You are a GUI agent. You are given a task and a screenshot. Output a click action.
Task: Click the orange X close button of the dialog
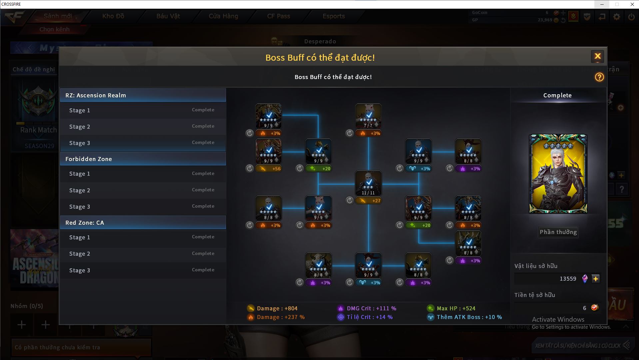[597, 56]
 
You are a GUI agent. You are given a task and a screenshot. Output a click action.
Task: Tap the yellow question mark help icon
[599, 77]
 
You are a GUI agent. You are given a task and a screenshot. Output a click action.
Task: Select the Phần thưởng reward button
[558, 232]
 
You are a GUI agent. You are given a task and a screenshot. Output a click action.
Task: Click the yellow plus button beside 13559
[596, 279]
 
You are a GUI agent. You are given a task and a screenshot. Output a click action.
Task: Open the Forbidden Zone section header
[143, 159]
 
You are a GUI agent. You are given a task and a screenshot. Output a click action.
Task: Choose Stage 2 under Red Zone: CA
[143, 254]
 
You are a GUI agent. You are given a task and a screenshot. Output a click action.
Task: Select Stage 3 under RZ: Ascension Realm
[143, 143]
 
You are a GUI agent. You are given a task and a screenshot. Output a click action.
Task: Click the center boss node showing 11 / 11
[368, 183]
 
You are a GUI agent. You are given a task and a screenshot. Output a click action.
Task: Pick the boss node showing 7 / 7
[368, 116]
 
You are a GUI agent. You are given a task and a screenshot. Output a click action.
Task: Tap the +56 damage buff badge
[268, 169]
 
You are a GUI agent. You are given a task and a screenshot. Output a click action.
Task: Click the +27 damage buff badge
[368, 201]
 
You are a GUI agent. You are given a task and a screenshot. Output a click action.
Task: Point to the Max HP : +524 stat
[455, 308]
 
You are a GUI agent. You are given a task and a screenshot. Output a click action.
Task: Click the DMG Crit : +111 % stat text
[371, 308]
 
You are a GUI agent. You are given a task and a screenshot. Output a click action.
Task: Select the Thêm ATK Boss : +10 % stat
[469, 317]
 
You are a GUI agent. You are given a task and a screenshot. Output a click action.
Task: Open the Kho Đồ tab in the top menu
[113, 16]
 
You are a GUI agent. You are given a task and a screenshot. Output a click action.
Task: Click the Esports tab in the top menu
[333, 16]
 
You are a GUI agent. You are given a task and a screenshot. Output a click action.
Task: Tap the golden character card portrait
[558, 174]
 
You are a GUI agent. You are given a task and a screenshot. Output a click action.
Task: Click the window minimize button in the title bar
[602, 4]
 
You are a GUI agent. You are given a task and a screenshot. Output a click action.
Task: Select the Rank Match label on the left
[38, 130]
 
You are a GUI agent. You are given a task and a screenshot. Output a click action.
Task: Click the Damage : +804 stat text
[277, 308]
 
